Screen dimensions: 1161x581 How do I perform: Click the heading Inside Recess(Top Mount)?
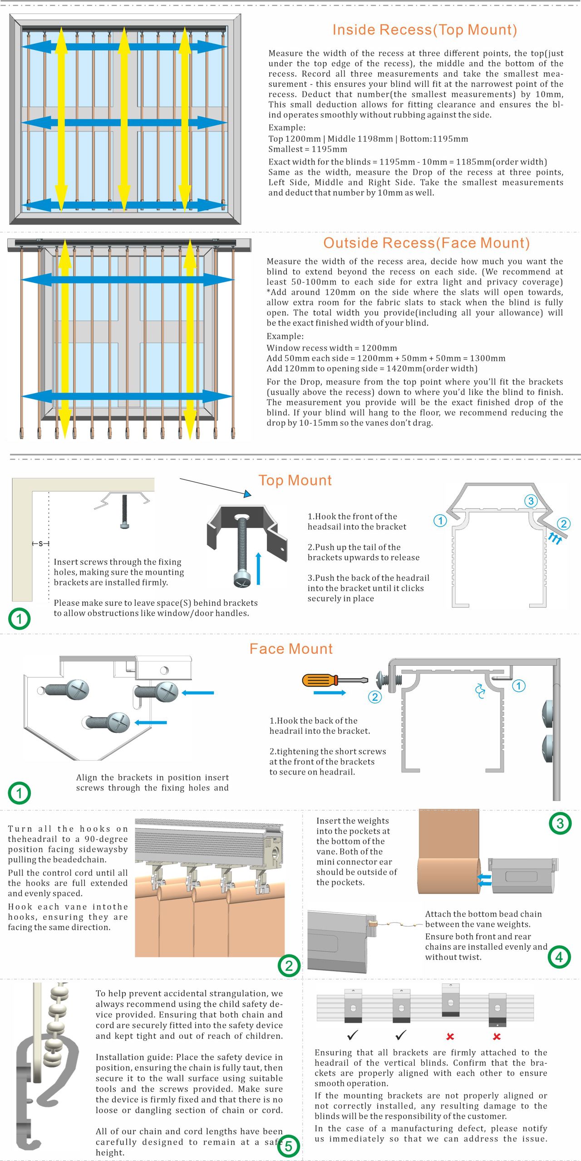[424, 30]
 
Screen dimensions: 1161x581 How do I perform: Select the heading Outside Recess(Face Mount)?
[426, 243]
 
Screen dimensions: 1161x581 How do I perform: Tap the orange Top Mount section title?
[295, 480]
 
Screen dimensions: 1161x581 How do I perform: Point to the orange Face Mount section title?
[291, 649]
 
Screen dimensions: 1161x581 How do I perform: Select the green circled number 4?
[559, 957]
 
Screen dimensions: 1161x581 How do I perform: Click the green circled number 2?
[289, 966]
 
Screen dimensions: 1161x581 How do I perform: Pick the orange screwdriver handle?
[320, 680]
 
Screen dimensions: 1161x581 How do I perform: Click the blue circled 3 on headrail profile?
[531, 501]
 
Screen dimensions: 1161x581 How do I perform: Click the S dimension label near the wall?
[41, 543]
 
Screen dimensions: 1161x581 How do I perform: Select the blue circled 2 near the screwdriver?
[374, 697]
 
